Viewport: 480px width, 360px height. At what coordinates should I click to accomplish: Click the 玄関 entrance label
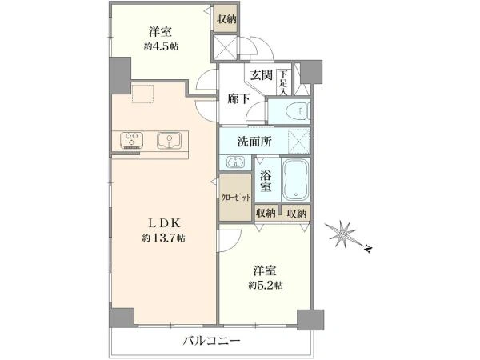(260, 75)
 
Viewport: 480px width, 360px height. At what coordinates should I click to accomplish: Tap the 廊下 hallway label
(238, 98)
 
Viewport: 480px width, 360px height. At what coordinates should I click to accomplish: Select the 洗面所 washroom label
(254, 142)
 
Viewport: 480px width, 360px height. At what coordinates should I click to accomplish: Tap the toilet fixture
(290, 110)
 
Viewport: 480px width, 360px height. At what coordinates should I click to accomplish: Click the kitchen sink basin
(169, 142)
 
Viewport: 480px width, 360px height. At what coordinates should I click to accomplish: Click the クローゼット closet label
(236, 196)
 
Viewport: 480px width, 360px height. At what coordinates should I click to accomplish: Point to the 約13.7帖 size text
(165, 238)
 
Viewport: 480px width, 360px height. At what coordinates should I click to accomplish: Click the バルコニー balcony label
(212, 341)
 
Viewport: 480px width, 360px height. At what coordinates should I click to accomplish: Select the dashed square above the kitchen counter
(144, 94)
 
